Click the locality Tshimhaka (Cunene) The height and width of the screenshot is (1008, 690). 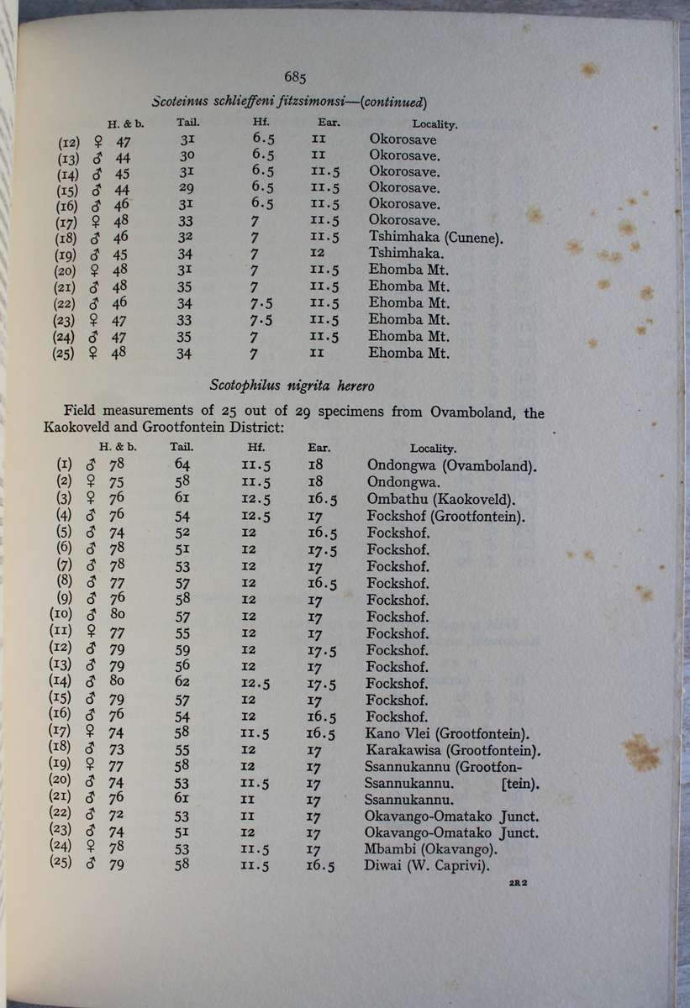(x=435, y=238)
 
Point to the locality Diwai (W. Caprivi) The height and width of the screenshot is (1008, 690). (x=429, y=865)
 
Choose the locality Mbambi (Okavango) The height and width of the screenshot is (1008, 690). (x=430, y=849)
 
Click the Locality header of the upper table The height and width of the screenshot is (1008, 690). (x=435, y=124)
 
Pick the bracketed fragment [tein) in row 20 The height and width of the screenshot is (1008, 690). (x=519, y=784)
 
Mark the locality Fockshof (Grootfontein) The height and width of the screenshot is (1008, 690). (x=447, y=516)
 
